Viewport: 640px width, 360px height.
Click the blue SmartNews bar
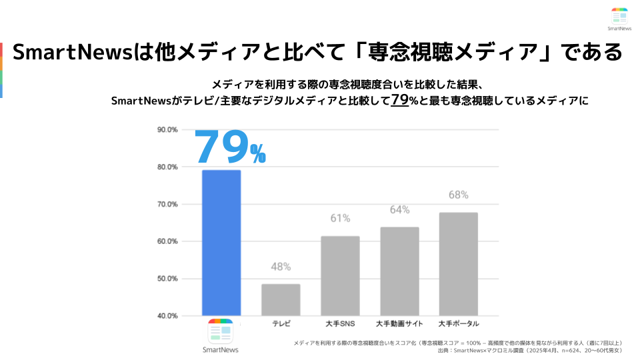(x=221, y=243)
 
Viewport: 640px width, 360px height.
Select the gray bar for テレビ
(x=281, y=299)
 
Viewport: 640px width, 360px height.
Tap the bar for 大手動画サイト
(x=399, y=271)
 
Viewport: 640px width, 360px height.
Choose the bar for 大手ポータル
(x=459, y=263)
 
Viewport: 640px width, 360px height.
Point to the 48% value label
(x=281, y=267)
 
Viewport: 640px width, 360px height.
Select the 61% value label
(x=340, y=219)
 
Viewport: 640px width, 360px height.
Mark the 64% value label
(x=399, y=210)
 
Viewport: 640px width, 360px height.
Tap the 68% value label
(x=459, y=195)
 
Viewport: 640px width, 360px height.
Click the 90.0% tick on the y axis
(x=167, y=129)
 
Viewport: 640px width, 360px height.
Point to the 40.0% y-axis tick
(x=167, y=315)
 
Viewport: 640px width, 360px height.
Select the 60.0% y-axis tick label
(x=167, y=241)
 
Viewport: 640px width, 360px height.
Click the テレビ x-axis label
(x=281, y=324)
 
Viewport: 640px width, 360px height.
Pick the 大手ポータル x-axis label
(x=459, y=324)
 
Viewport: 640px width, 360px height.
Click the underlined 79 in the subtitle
(x=399, y=100)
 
